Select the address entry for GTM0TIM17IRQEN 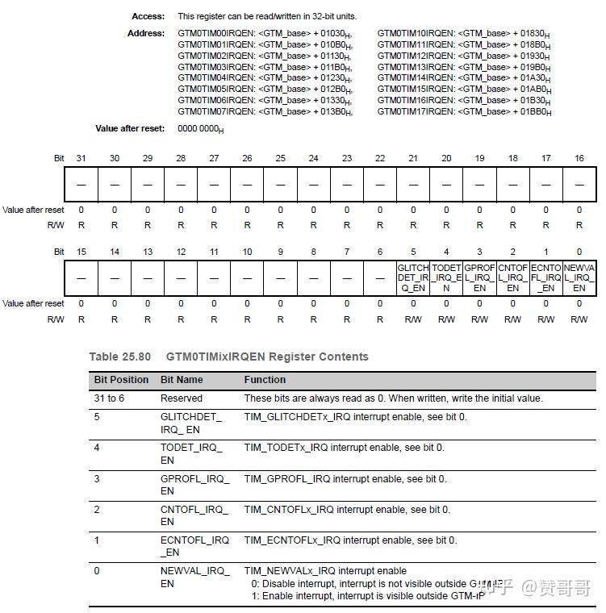pyautogui.click(x=465, y=111)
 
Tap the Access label pyautogui.click(x=148, y=16)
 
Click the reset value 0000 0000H pyautogui.click(x=201, y=129)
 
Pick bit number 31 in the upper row pyautogui.click(x=81, y=158)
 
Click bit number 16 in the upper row pyautogui.click(x=579, y=158)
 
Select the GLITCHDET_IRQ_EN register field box pyautogui.click(x=412, y=277)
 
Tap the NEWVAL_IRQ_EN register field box pyautogui.click(x=579, y=277)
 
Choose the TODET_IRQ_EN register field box pyautogui.click(x=446, y=277)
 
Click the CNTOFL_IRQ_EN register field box pyautogui.click(x=512, y=277)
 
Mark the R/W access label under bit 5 pyautogui.click(x=412, y=319)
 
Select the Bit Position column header pyautogui.click(x=121, y=379)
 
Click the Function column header pyautogui.click(x=265, y=379)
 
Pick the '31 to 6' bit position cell pyautogui.click(x=113, y=398)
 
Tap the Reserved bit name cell pyautogui.click(x=181, y=398)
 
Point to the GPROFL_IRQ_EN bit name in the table pyautogui.click(x=194, y=484)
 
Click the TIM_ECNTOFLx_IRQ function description pyautogui.click(x=350, y=540)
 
